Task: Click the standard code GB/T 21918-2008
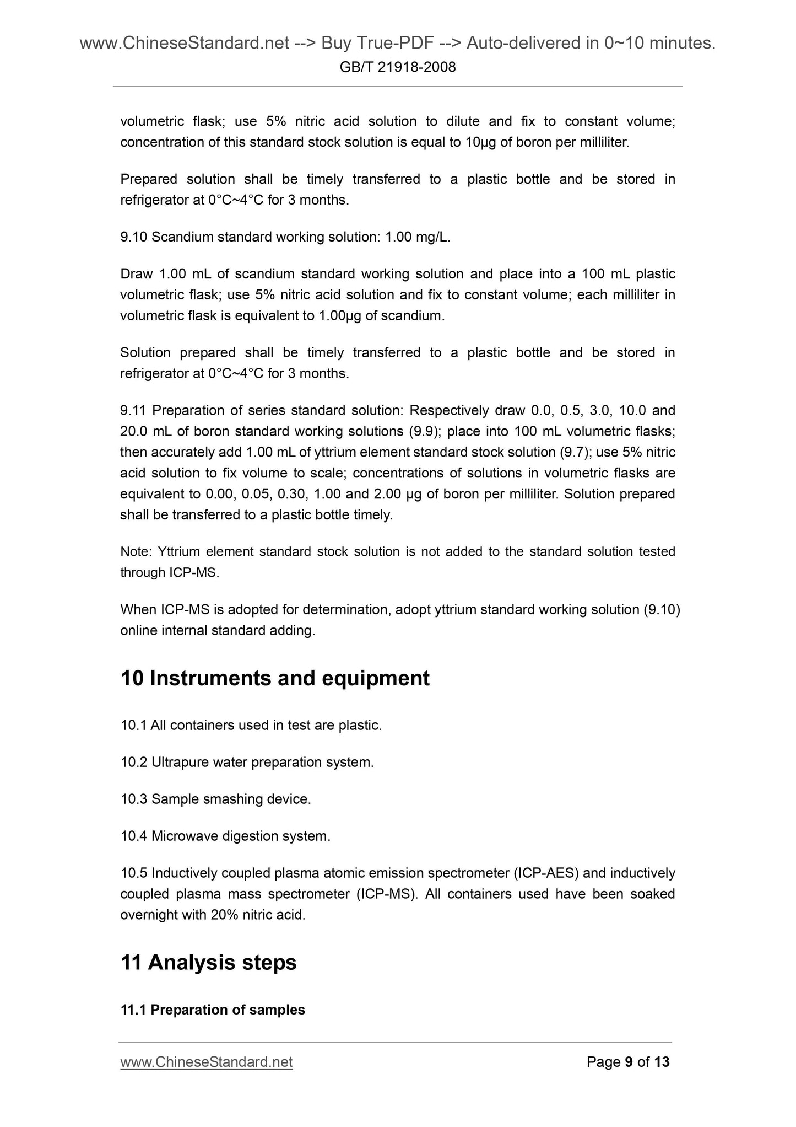click(x=398, y=67)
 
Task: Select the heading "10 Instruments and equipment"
click(x=275, y=678)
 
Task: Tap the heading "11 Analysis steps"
click(x=208, y=962)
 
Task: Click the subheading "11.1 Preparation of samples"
click(x=213, y=1010)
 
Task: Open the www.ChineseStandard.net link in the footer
click(x=206, y=1062)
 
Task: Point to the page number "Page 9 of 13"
click(x=628, y=1062)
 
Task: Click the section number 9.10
click(x=134, y=237)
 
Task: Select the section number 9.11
click(x=134, y=411)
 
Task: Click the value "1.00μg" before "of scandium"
click(x=339, y=316)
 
